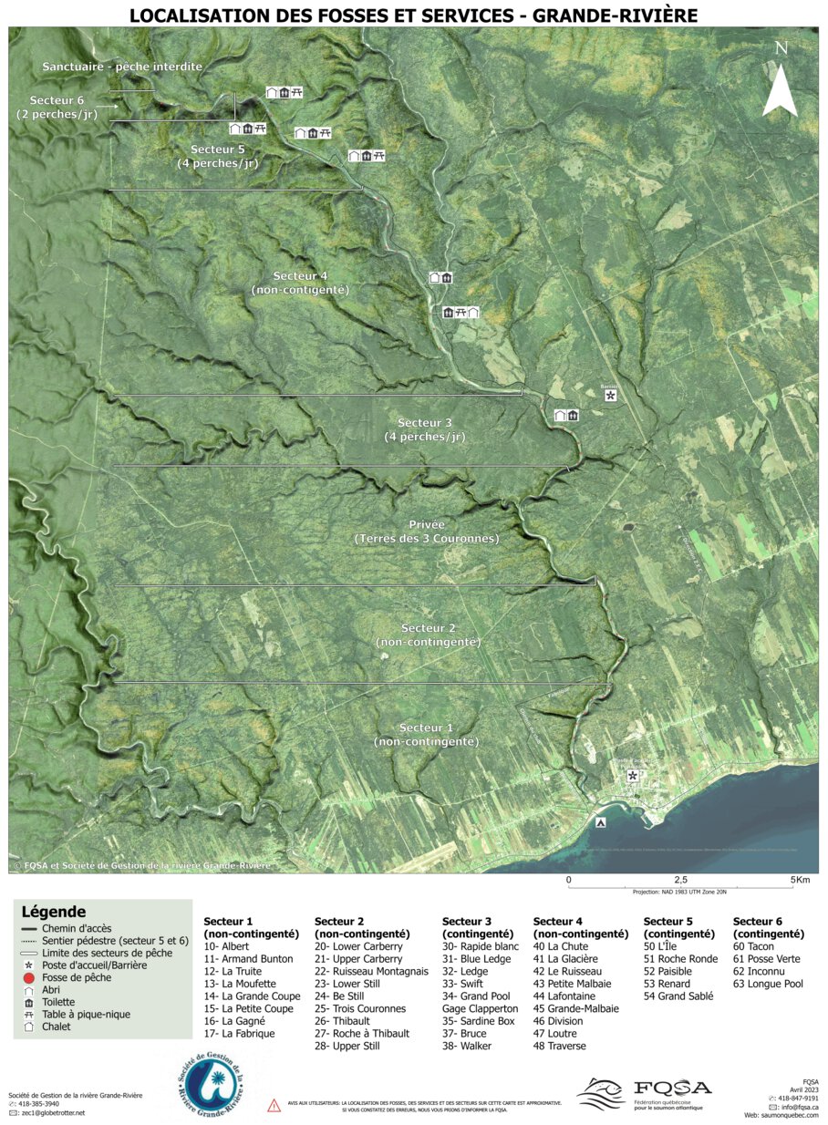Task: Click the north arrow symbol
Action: coord(780,80)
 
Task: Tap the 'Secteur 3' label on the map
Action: coord(425,423)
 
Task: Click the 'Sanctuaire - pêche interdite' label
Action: coord(122,67)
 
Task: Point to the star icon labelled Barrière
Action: coord(610,396)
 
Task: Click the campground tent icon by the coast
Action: coord(600,822)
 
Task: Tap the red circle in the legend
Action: coord(28,977)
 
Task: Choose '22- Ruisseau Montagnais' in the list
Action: coord(370,972)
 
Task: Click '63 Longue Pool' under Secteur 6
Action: coord(768,984)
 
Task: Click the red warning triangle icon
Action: coord(274,1106)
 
